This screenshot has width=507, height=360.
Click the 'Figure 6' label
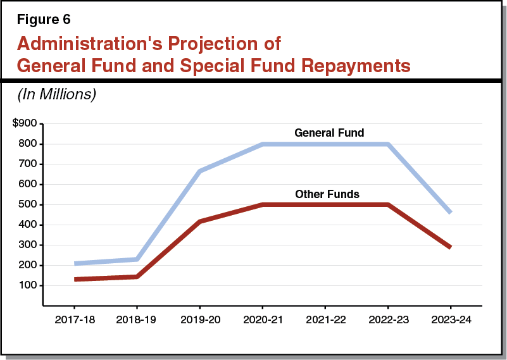(44, 20)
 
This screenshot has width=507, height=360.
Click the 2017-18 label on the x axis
(75, 320)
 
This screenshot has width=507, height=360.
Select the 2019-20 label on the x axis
(200, 320)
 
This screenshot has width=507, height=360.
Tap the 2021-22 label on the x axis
(325, 320)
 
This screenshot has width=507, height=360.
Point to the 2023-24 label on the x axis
(451, 320)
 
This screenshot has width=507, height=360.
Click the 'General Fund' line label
(329, 133)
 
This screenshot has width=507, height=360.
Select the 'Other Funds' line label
(327, 194)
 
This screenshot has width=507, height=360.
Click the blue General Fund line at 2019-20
(200, 171)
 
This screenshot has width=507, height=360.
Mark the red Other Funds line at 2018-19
(137, 276)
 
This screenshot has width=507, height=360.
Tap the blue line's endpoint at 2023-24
(450, 212)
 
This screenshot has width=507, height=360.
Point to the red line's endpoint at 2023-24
(450, 247)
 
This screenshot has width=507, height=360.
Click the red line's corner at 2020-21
(262, 204)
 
